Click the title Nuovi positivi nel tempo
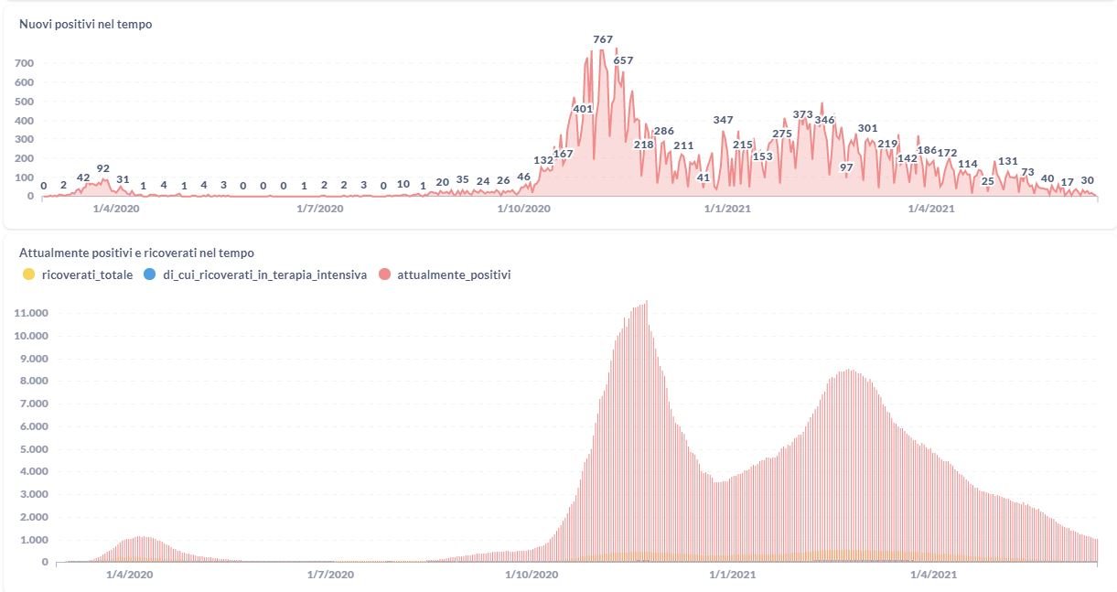tap(86, 25)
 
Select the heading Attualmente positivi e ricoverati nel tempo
tap(137, 253)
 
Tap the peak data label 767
tap(603, 39)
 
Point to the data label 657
tap(623, 60)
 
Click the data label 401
tap(583, 108)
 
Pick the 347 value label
tap(723, 120)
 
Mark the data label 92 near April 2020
tap(103, 168)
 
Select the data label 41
tap(703, 178)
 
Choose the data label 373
tap(802, 114)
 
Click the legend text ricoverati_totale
tap(88, 274)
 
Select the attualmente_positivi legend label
tap(454, 274)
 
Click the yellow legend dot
tap(28, 274)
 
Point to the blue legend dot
tap(149, 274)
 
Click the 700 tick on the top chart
tap(24, 63)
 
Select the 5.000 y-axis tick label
tap(33, 449)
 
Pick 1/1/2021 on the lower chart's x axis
tap(729, 575)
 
